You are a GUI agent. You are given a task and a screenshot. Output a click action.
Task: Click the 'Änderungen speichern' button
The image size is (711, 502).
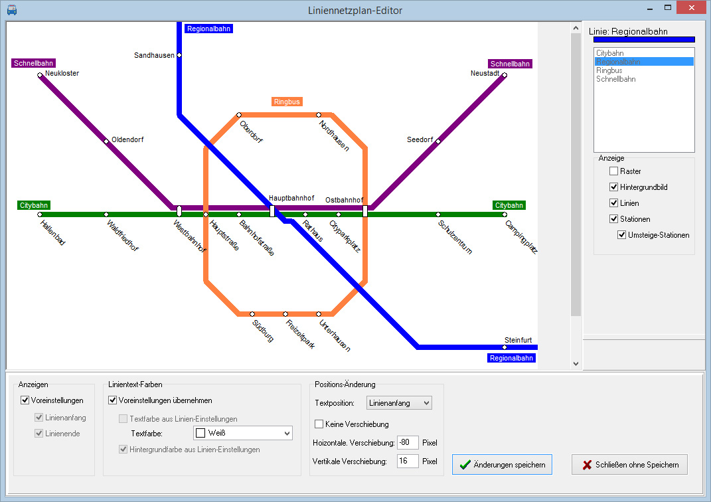[x=502, y=465]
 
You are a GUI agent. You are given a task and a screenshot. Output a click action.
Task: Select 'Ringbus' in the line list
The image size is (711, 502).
[x=609, y=70]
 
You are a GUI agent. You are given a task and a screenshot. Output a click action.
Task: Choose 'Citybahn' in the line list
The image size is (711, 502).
[x=610, y=52]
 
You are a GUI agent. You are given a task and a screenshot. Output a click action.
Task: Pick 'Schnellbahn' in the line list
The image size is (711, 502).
[x=615, y=79]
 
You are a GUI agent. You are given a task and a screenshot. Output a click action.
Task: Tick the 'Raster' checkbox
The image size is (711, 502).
[x=613, y=171]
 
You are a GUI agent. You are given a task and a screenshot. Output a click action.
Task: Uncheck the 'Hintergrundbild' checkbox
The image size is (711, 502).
[x=613, y=187]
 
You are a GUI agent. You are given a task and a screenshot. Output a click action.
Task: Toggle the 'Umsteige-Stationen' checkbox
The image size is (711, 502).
[x=621, y=235]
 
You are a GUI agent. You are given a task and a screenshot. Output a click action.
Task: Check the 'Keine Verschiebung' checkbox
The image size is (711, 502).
[x=319, y=424]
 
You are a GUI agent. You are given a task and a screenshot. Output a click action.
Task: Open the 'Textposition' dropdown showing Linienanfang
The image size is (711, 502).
[x=399, y=403]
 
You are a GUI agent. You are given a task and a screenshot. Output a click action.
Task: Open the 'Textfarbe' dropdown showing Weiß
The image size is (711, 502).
[x=242, y=433]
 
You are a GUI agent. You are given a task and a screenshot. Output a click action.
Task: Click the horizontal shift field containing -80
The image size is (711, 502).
[x=407, y=443]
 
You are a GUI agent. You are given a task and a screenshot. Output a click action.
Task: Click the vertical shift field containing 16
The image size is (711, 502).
[x=407, y=461]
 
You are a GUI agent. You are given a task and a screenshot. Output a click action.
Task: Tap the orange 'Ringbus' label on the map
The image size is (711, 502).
[x=287, y=102]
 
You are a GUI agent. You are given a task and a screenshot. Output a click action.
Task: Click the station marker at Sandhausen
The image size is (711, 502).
[x=179, y=55]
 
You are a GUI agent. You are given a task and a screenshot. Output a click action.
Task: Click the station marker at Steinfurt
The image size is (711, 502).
[x=505, y=347]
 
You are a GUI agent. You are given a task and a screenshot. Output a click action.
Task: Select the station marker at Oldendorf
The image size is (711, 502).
[x=106, y=141]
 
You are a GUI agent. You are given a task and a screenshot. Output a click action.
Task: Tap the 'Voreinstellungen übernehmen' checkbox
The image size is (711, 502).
[x=113, y=400]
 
